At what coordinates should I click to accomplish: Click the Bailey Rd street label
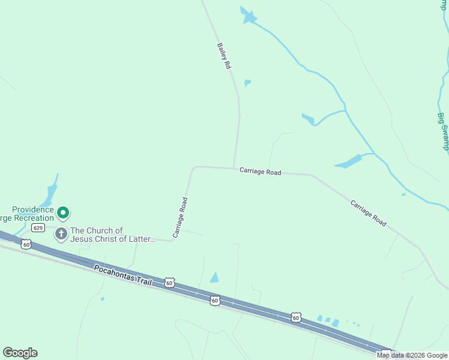click(x=224, y=55)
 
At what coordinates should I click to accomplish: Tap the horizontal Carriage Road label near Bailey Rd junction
click(x=260, y=172)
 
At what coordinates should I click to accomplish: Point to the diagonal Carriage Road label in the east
click(x=369, y=213)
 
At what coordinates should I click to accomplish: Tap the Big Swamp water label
click(x=443, y=132)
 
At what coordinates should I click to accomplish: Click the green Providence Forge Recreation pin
click(x=62, y=212)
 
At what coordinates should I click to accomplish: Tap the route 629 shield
click(x=38, y=228)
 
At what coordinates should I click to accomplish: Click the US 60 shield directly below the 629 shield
click(x=25, y=244)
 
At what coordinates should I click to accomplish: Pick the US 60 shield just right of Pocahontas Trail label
click(x=170, y=283)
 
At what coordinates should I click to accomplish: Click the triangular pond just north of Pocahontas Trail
click(x=214, y=277)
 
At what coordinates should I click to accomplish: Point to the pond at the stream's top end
click(x=248, y=16)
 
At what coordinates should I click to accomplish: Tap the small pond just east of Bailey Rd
click(x=247, y=83)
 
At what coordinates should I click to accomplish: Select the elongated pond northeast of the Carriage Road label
click(x=349, y=161)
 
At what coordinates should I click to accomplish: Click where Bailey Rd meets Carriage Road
click(x=234, y=168)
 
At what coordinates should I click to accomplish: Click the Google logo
click(x=20, y=353)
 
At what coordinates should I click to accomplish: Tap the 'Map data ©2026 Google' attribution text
click(x=412, y=355)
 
